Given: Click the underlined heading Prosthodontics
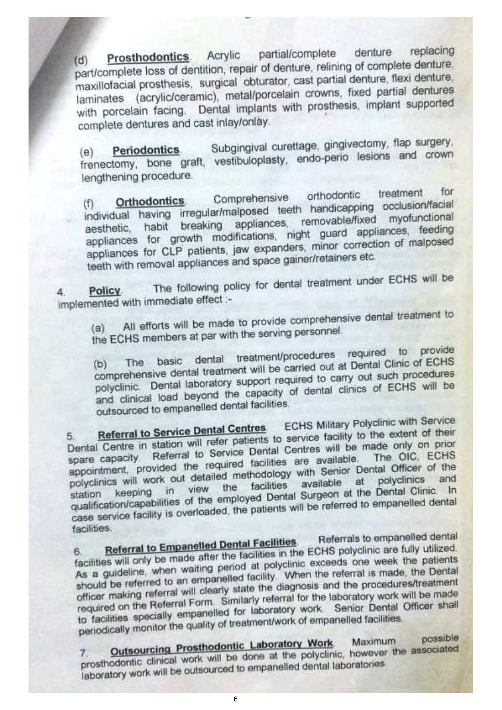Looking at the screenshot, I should click(x=148, y=57).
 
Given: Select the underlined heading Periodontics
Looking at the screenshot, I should click(x=146, y=150).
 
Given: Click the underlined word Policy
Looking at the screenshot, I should click(x=104, y=291).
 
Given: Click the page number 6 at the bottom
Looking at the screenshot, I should click(x=236, y=699).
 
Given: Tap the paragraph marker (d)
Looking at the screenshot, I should click(x=81, y=60).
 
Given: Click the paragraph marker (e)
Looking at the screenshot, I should click(x=86, y=152).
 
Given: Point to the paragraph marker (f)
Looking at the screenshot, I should click(x=89, y=203).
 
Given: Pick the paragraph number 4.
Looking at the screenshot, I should click(x=61, y=292).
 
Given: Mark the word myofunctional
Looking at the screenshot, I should click(x=421, y=218).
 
